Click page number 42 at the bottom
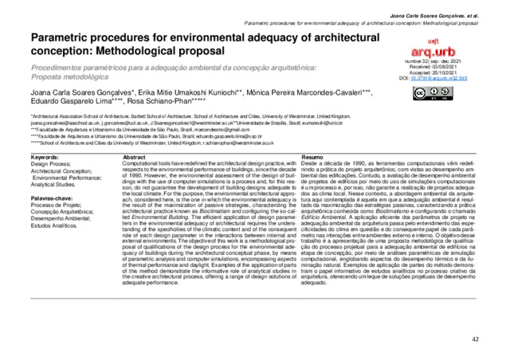coord(476,339)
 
